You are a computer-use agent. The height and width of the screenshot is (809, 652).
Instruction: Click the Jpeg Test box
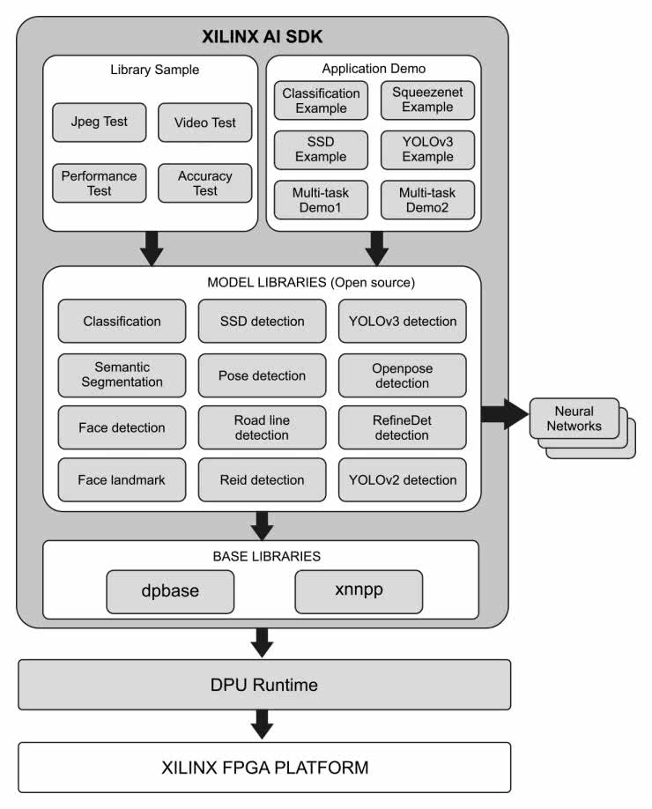(100, 122)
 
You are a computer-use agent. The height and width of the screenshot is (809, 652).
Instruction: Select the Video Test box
(205, 122)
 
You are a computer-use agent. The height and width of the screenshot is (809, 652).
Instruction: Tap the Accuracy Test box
(205, 182)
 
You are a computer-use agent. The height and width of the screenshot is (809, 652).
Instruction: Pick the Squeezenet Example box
(427, 100)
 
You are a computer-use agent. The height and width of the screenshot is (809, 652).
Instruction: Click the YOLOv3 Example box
(427, 149)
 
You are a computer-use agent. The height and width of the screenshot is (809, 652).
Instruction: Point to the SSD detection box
(262, 321)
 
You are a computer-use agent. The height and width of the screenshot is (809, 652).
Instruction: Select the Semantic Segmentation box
(122, 375)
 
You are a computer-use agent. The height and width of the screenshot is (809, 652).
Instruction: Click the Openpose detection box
(402, 375)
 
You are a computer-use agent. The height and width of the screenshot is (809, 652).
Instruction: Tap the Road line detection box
(262, 427)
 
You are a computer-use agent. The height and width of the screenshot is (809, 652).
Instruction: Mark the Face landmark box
(122, 479)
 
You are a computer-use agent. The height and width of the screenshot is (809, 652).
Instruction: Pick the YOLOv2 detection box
(402, 479)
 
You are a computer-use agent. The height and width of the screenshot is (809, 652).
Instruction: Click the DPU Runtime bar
(264, 685)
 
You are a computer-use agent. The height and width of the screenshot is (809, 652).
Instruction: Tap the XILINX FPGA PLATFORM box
(264, 767)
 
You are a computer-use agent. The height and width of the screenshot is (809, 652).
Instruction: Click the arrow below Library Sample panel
(152, 248)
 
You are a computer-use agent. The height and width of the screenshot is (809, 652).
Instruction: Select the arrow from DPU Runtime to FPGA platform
(262, 725)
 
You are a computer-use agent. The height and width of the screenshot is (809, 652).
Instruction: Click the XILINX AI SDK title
(262, 38)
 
